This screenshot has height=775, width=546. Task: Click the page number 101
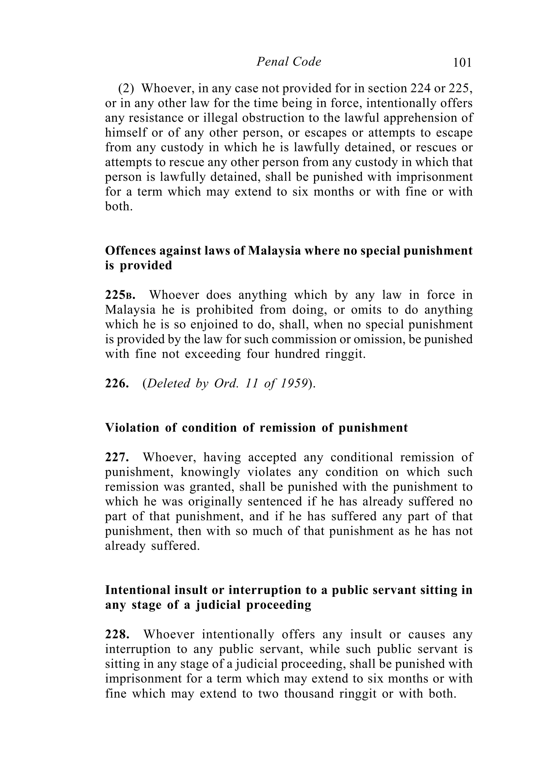[x=462, y=63]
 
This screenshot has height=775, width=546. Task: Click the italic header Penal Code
[x=288, y=62]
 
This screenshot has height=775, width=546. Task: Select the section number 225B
[x=120, y=295]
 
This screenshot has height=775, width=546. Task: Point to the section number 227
[x=117, y=457]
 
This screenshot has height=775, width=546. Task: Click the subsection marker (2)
[x=126, y=88]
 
